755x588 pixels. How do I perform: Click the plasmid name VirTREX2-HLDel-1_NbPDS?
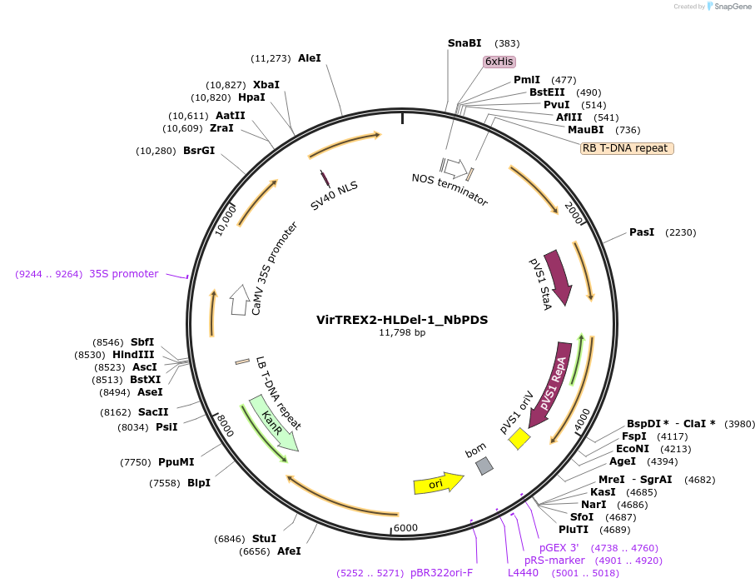click(x=402, y=319)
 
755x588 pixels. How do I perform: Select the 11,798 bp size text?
click(x=402, y=332)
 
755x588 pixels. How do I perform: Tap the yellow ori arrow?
click(x=438, y=483)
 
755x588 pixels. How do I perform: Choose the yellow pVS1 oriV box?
click(x=519, y=438)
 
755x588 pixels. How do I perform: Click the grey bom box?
click(x=484, y=466)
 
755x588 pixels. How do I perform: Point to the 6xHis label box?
click(x=499, y=62)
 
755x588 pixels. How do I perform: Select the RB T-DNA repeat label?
click(x=627, y=148)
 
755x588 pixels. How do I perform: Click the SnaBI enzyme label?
click(x=464, y=42)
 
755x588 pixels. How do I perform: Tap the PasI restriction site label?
click(x=642, y=232)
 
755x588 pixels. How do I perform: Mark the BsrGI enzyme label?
click(x=199, y=151)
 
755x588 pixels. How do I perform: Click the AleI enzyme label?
click(x=309, y=58)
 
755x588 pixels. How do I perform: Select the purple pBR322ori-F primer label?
click(x=441, y=573)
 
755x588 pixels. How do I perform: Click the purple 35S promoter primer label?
click(x=123, y=274)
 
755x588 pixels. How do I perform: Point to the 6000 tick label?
click(x=405, y=528)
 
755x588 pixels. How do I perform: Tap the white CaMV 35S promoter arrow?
click(x=240, y=296)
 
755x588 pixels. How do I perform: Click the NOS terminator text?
click(x=450, y=190)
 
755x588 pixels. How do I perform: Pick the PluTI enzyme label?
click(x=574, y=530)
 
